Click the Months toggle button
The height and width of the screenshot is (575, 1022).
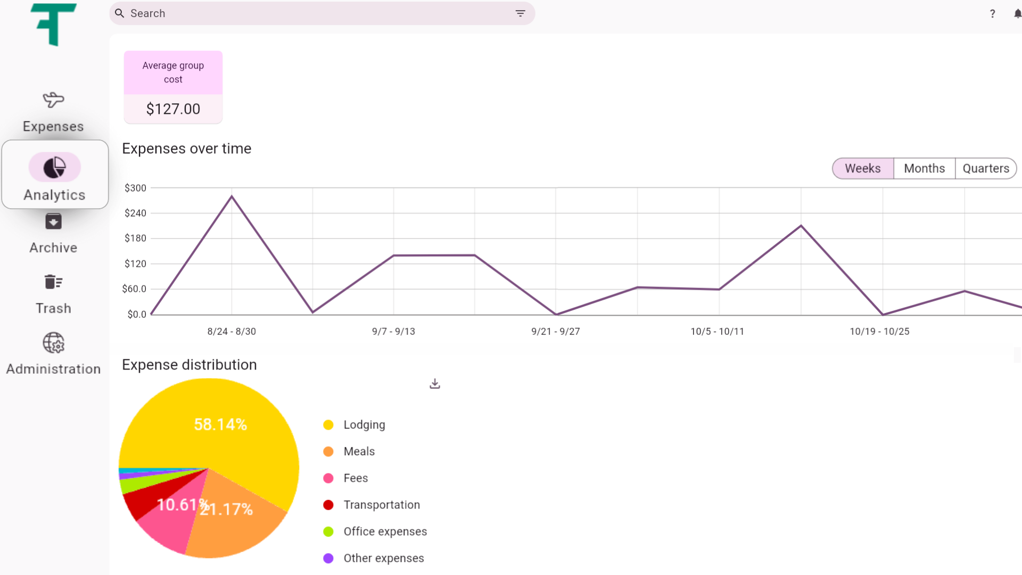924,168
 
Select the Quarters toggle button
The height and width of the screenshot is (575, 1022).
985,168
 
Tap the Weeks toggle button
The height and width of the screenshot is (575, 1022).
862,168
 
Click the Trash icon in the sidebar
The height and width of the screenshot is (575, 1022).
53,282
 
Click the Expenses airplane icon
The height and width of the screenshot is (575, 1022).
53,100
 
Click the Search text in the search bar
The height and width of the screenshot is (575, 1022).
148,13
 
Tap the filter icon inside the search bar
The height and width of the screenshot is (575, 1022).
520,13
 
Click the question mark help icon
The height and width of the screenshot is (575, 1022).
992,14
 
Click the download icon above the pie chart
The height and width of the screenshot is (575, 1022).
435,383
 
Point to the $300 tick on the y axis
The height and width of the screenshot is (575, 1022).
135,188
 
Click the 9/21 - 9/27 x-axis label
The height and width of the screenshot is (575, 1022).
555,331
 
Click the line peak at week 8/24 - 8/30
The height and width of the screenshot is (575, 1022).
232,196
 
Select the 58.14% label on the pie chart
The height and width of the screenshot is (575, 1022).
220,424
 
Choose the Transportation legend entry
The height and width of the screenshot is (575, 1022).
381,505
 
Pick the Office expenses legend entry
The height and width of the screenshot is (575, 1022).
385,531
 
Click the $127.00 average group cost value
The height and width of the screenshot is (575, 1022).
173,109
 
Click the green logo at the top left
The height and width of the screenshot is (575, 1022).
53,24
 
